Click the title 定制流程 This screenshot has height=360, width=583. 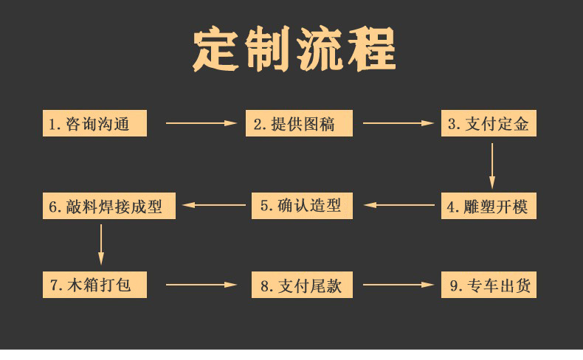(x=294, y=50)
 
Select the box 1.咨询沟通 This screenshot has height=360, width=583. (x=94, y=124)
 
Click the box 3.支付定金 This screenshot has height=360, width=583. (x=489, y=124)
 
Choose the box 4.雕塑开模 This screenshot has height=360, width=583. (x=489, y=206)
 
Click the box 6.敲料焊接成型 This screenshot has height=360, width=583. (x=109, y=207)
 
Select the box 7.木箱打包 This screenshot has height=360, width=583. (x=94, y=285)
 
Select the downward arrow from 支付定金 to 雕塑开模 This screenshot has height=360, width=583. (x=492, y=167)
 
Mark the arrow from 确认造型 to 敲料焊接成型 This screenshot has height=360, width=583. (x=214, y=205)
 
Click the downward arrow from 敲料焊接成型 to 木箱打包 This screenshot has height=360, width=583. (x=101, y=244)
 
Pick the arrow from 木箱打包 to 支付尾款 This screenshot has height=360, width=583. (x=201, y=284)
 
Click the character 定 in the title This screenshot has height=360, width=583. (x=215, y=50)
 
